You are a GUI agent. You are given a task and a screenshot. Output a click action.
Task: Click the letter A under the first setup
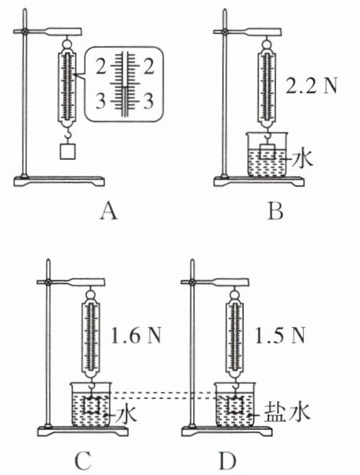coord(108,211)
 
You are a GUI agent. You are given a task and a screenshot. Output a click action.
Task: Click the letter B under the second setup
coord(275,211)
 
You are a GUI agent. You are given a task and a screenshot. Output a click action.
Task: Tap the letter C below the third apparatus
coord(82,461)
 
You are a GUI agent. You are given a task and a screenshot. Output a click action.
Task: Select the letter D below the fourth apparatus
coord(228,461)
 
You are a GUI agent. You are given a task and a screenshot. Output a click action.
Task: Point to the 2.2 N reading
coord(311,86)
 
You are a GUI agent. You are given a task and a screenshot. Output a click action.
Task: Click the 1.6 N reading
coord(136,336)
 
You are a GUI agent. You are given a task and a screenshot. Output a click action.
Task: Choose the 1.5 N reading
coord(280,336)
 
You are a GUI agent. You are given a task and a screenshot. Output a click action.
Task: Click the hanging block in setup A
coord(67,151)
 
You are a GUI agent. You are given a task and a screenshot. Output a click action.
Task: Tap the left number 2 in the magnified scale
coord(100,67)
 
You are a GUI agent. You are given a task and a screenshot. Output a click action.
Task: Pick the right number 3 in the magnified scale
coord(148,101)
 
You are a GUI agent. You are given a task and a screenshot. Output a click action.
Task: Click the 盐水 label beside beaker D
coord(287,412)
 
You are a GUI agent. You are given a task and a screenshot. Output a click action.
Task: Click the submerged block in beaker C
coord(91,405)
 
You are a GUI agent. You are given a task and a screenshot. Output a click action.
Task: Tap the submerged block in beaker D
coord(235,405)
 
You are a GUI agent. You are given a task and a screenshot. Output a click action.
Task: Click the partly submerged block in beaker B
coord(267,151)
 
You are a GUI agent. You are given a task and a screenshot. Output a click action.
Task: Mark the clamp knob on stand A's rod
coord(25,32)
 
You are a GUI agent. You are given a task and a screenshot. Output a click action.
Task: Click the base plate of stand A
coord(59,180)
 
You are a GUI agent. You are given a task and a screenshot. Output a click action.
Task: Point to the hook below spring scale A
coord(68,135)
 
